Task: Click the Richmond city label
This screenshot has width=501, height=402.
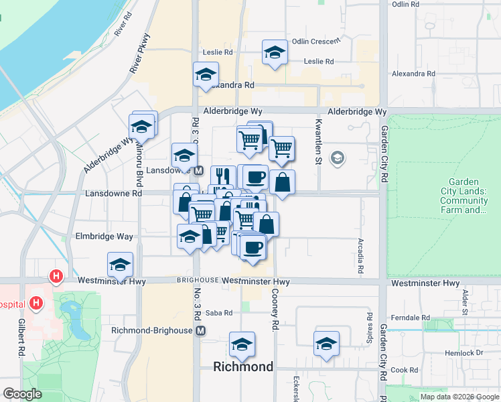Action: coord(243,366)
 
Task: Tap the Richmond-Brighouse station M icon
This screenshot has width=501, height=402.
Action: coord(202,331)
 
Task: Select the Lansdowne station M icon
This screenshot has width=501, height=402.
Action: coord(199,171)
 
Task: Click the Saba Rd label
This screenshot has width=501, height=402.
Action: coord(218,313)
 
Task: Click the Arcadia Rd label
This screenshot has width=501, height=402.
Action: coord(360,256)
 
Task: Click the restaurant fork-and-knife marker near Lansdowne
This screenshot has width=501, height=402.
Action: coord(223,176)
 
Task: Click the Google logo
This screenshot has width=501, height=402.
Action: coord(22,394)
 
